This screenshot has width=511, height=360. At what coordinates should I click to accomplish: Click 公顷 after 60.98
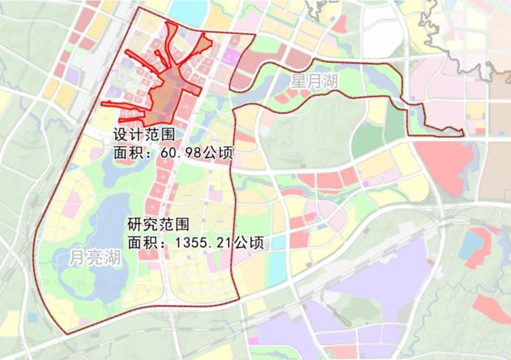(217, 151)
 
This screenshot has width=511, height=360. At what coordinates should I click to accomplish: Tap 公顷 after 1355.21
(248, 241)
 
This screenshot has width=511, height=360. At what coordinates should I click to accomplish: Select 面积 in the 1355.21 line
(141, 241)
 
